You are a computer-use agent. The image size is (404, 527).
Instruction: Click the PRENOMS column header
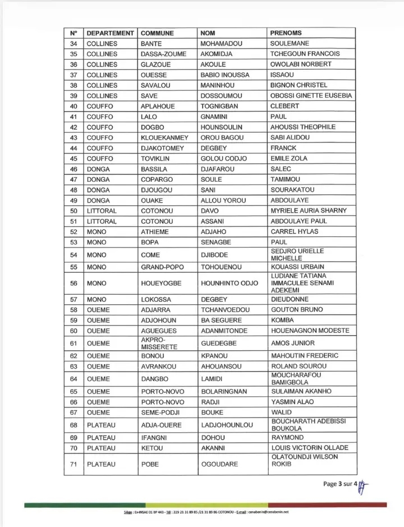click(x=286, y=33)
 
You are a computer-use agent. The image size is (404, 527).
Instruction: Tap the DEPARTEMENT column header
click(x=110, y=33)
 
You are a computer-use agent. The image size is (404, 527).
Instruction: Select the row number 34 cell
click(x=74, y=44)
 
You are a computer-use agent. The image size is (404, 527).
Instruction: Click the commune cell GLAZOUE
click(x=156, y=65)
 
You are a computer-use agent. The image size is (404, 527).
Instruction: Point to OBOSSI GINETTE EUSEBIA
click(x=311, y=96)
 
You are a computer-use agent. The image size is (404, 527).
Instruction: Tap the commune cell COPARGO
click(x=158, y=180)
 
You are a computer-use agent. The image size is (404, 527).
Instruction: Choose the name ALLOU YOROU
click(x=223, y=200)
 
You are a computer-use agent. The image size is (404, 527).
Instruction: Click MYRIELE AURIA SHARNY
click(x=309, y=211)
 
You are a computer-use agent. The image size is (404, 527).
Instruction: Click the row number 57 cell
click(x=74, y=300)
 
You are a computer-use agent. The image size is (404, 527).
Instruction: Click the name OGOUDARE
click(x=219, y=465)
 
